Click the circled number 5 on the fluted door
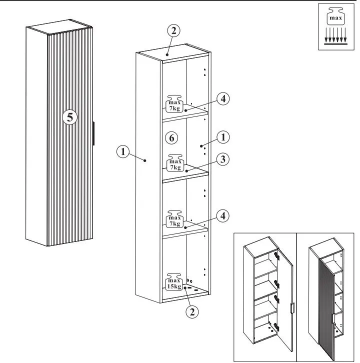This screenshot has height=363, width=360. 69,117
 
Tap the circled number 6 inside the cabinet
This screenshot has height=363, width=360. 171,138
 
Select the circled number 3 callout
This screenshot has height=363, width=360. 222,159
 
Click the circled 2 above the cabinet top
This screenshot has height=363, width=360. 173,30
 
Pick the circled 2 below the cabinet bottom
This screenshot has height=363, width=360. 192,312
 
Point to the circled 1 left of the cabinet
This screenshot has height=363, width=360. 122,152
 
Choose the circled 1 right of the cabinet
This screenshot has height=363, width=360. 223,137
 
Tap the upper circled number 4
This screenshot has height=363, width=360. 223,99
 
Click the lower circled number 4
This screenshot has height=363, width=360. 222,216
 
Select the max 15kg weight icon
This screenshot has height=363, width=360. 174,281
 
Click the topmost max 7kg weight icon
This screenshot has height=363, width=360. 174,103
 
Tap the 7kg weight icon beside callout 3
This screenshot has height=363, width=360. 175,162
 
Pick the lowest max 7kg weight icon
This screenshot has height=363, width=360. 174,219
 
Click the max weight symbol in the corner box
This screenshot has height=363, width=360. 335,15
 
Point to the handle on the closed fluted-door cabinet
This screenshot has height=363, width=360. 93,133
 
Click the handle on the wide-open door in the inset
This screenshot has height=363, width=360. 292,308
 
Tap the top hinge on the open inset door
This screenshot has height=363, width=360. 276,256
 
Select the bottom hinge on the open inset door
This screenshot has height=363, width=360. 276,326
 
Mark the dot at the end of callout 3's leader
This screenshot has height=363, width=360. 186,171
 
